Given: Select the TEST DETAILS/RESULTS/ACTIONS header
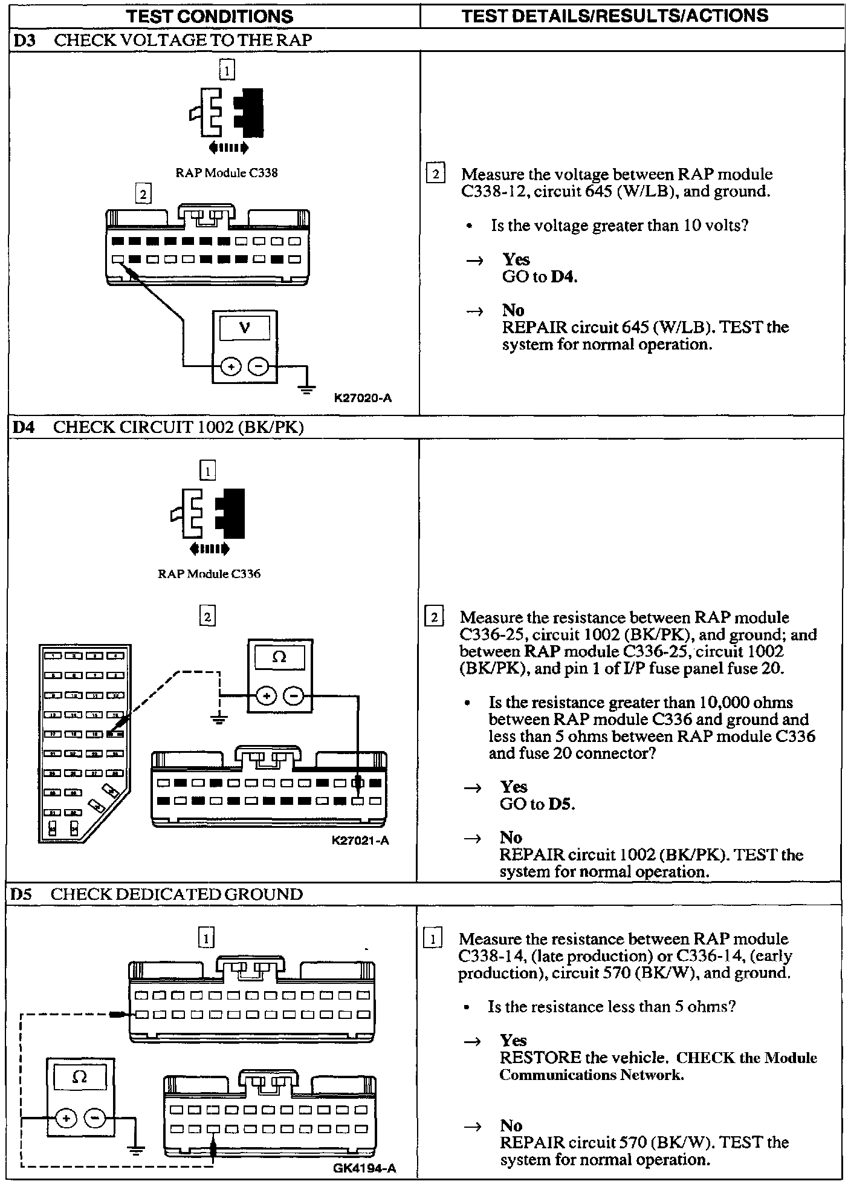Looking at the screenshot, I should (x=615, y=16).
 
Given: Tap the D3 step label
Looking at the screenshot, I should (x=24, y=40).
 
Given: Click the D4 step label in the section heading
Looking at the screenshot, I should (x=24, y=427).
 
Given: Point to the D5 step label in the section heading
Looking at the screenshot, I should (x=21, y=894).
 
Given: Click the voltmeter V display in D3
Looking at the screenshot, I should (x=244, y=328).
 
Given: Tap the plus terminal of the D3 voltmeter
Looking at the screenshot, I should (x=230, y=366).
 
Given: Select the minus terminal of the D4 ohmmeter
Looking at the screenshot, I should (x=294, y=696).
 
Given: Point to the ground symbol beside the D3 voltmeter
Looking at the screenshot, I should (x=307, y=389).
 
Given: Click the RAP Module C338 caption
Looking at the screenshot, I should (x=227, y=173).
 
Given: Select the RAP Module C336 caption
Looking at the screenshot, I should (x=209, y=574).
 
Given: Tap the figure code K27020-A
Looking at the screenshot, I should (x=363, y=398).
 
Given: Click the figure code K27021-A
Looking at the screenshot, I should (x=360, y=840).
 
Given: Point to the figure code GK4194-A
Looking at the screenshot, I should (x=364, y=1168).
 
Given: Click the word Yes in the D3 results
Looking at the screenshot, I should (x=516, y=259).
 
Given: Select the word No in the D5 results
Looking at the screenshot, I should (x=511, y=1125).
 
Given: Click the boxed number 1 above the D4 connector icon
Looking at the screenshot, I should (x=207, y=470).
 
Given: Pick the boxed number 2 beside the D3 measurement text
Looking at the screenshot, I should (x=435, y=174).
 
